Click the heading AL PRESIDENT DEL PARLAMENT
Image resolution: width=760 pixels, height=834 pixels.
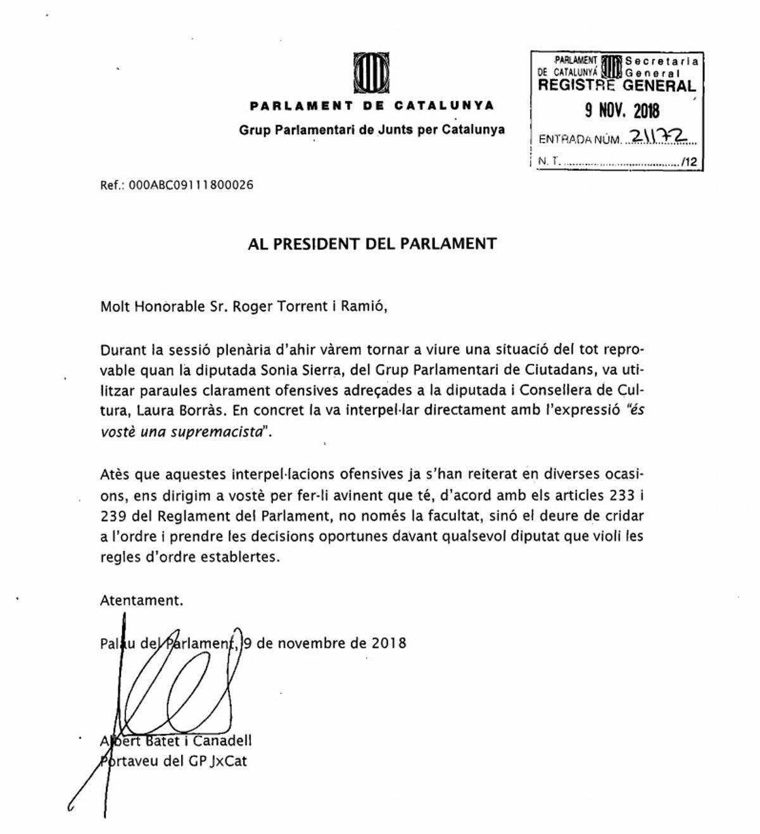click(x=372, y=244)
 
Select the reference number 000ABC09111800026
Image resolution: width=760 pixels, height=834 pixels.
click(x=191, y=186)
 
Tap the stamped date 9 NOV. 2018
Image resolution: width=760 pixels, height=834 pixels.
click(x=621, y=111)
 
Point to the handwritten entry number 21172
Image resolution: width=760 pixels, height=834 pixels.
click(x=660, y=137)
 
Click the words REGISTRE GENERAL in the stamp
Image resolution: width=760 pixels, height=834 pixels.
click(x=616, y=85)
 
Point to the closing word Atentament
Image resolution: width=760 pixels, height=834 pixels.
click(x=142, y=600)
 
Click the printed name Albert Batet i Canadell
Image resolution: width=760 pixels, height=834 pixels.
click(x=176, y=741)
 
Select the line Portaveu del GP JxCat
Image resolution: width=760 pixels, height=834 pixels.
click(x=174, y=761)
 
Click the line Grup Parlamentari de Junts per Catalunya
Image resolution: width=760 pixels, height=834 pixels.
click(x=372, y=130)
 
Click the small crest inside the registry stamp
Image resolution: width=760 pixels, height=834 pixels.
click(x=611, y=66)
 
